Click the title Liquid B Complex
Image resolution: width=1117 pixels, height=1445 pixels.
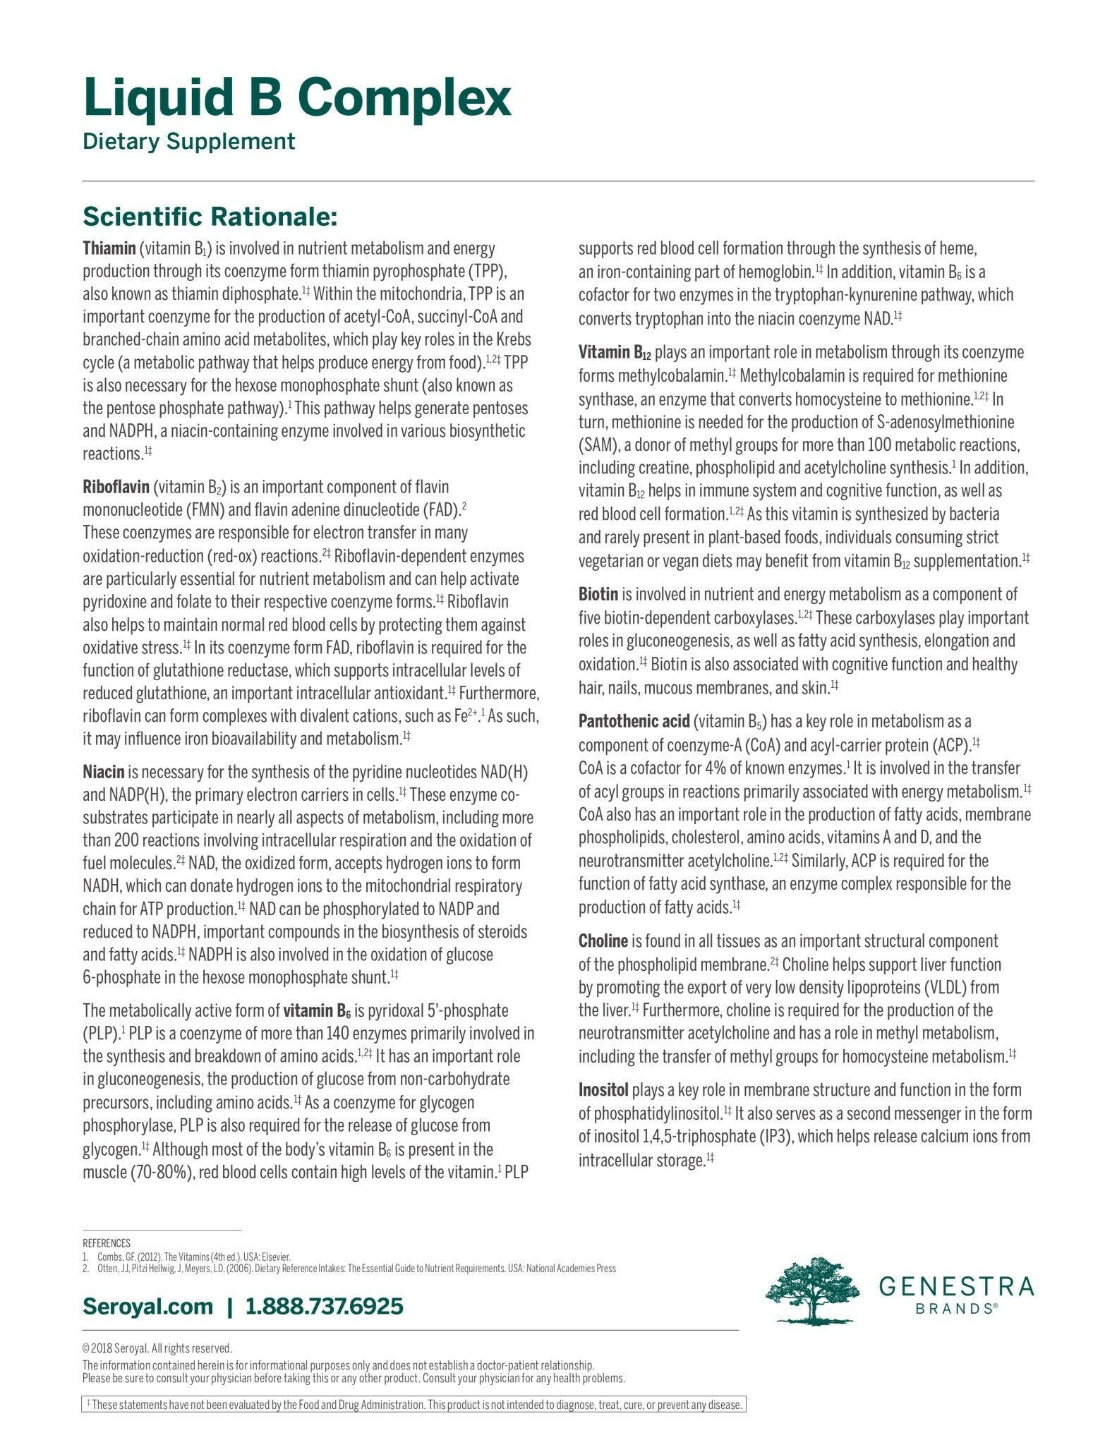[x=296, y=98]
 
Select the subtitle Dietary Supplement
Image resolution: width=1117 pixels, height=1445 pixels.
[x=188, y=141]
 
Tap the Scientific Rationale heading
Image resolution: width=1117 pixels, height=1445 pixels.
[x=210, y=217]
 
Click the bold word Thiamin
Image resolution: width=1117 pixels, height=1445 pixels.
[x=109, y=248]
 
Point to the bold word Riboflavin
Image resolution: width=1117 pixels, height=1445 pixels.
[x=116, y=487]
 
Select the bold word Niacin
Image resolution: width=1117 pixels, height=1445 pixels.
[x=103, y=772]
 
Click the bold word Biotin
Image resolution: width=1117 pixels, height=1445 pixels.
[x=598, y=594]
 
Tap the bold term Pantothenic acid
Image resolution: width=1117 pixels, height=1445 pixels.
[x=633, y=721]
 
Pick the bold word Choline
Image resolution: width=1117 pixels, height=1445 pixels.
[x=603, y=941]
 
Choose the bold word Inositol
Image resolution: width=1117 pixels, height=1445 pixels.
[x=603, y=1089]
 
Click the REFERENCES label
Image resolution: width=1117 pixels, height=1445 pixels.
[x=107, y=1243]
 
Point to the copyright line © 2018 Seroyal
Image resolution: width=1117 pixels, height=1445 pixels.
[x=157, y=1348]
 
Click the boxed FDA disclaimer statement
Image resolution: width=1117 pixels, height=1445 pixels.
[x=414, y=1404]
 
